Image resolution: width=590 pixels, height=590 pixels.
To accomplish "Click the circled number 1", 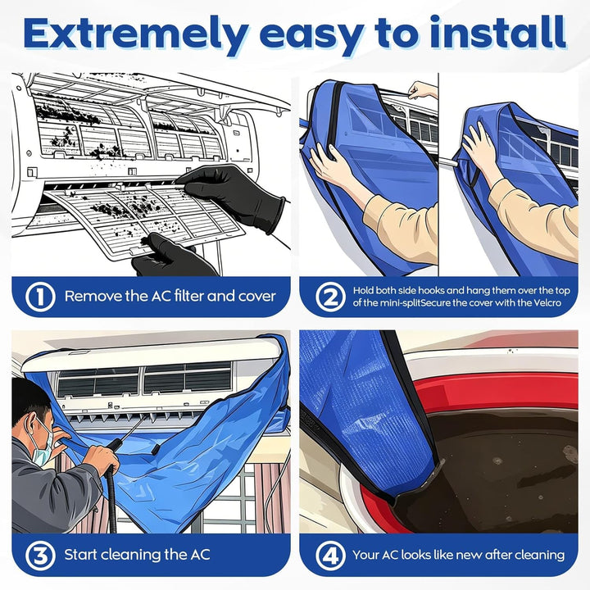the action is coord(40,297).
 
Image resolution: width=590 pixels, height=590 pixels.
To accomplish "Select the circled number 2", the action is coord(331,297).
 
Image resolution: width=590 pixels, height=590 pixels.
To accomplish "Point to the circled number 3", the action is coord(40,556).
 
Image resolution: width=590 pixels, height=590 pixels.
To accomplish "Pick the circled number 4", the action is coord(331,556).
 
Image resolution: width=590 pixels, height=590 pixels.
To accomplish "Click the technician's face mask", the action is coord(43,443).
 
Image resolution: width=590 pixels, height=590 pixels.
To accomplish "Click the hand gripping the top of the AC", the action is coord(422,89).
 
